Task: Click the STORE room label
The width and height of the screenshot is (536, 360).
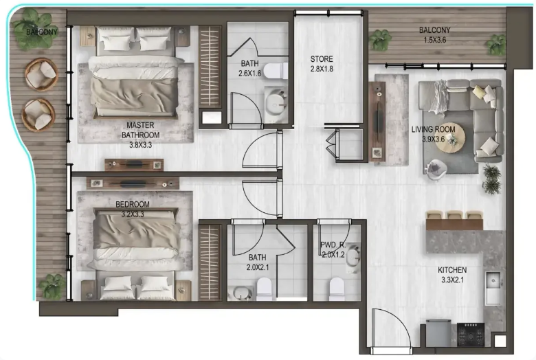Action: click(x=322, y=59)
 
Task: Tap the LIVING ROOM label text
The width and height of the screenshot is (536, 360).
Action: click(x=433, y=130)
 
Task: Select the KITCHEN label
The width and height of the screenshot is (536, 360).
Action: click(x=452, y=270)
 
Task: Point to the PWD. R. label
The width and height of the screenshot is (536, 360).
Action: click(x=333, y=245)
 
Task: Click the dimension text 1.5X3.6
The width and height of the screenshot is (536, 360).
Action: click(x=435, y=40)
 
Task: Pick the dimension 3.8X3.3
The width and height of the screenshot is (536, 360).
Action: click(x=140, y=145)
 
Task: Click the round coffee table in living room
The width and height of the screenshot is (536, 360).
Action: click(x=450, y=137)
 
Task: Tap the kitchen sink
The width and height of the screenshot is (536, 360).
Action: click(x=493, y=281)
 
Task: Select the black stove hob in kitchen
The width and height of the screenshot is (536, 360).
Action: click(x=471, y=335)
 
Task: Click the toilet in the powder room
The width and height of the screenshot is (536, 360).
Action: click(x=337, y=289)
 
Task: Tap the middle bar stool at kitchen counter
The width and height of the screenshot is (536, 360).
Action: click(x=455, y=216)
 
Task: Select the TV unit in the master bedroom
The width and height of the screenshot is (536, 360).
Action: click(x=134, y=165)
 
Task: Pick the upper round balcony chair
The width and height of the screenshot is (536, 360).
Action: click(x=41, y=74)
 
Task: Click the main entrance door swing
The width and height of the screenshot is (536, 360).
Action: click(x=391, y=328)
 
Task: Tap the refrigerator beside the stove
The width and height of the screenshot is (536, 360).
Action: click(x=438, y=333)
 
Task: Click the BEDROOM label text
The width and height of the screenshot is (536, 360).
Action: click(x=133, y=205)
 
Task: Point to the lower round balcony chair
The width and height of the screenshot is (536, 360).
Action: click(x=38, y=115)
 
